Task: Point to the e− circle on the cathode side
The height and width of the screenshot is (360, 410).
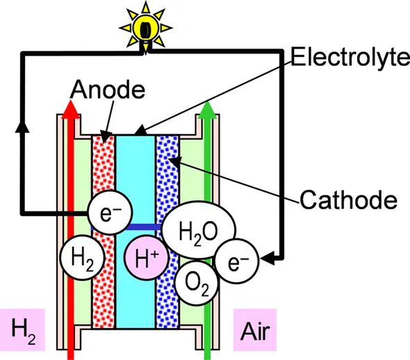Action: [237, 262]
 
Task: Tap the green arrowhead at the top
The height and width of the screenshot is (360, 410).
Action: [206, 110]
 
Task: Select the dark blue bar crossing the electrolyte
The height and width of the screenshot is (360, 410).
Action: [143, 227]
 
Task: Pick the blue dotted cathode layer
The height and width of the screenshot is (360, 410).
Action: [167, 174]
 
